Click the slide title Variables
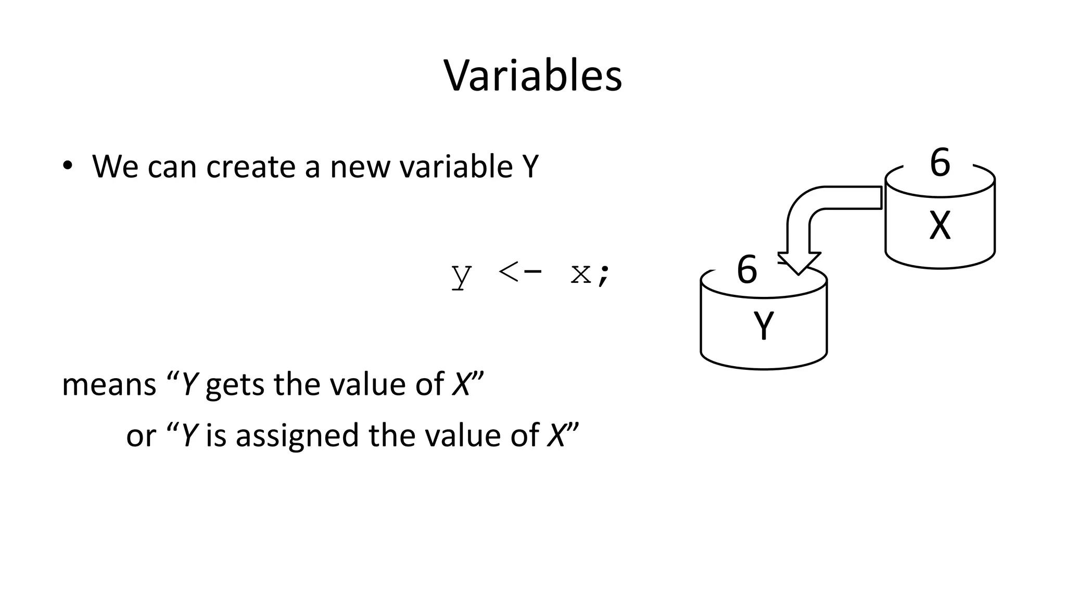532,76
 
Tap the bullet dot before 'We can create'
67,166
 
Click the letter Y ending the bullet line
530,167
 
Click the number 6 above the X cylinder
940,163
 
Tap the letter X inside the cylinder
940,226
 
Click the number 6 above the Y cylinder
747,270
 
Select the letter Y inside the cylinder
763,326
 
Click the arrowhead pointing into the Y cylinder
798,262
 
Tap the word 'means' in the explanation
109,385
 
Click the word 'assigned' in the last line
297,436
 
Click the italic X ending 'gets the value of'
461,385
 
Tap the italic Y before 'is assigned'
188,436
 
